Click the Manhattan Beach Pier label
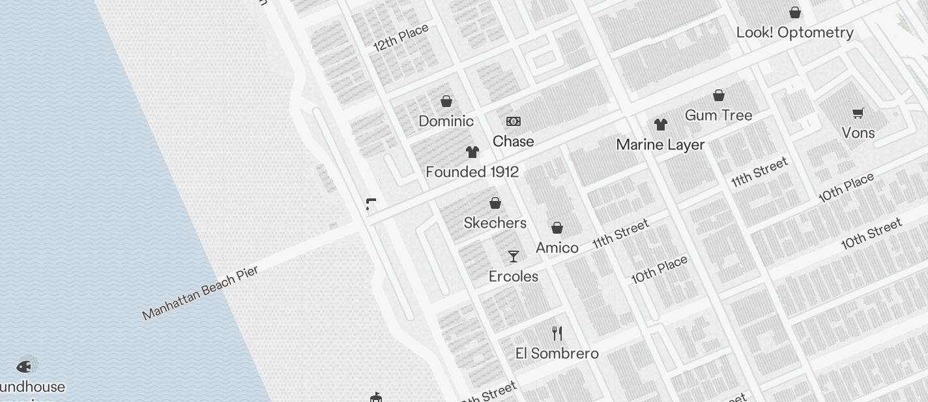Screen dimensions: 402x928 (201, 292)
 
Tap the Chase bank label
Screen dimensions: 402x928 (514, 142)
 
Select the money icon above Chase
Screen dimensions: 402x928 (514, 121)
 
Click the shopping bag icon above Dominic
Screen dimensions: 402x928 (446, 101)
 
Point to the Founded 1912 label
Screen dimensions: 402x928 (472, 172)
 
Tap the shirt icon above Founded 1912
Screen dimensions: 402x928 (472, 152)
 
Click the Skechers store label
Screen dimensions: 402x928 (495, 223)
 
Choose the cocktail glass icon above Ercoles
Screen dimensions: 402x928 (514, 256)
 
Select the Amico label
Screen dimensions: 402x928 (557, 248)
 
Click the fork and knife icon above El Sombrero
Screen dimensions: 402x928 (557, 333)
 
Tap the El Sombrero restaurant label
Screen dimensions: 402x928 (557, 354)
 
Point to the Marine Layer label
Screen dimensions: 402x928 (661, 145)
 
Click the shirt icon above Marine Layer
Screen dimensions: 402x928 (661, 125)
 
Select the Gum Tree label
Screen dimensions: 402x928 (719, 116)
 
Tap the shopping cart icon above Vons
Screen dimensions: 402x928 (858, 114)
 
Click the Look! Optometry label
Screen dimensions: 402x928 (795, 33)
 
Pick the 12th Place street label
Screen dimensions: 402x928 (401, 38)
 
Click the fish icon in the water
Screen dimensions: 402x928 (24, 366)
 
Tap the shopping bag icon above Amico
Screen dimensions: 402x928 (557, 228)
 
